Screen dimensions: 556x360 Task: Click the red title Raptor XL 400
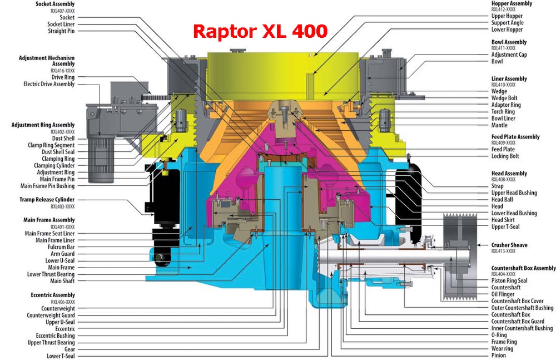pyautogui.click(x=260, y=31)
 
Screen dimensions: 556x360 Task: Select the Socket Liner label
pyautogui.click(x=61, y=24)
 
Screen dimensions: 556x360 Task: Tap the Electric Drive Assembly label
pyautogui.click(x=49, y=84)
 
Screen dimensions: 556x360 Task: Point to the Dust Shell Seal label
pyautogui.click(x=58, y=152)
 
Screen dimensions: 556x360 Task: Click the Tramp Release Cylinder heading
pyautogui.click(x=47, y=200)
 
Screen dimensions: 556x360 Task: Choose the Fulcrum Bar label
pyautogui.click(x=61, y=247)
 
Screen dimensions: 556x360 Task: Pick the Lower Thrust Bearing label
pyautogui.click(x=51, y=274)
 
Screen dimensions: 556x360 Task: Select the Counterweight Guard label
pyautogui.click(x=51, y=315)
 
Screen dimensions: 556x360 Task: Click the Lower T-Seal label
pyautogui.click(x=61, y=356)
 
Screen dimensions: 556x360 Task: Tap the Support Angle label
pyautogui.click(x=508, y=23)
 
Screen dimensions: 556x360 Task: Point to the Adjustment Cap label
pyautogui.click(x=509, y=55)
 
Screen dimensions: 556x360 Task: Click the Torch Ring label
pyautogui.click(x=503, y=111)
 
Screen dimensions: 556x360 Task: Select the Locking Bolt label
pyautogui.click(x=505, y=156)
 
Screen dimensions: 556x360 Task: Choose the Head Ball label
pyautogui.click(x=502, y=200)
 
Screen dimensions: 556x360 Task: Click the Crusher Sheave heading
pyautogui.click(x=509, y=245)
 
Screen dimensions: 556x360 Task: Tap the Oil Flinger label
pyautogui.click(x=503, y=294)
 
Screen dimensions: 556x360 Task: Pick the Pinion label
pyautogui.click(x=499, y=356)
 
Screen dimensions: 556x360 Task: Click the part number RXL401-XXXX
pyautogui.click(x=63, y=227)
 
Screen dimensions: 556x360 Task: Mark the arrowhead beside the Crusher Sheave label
pyautogui.click(x=479, y=245)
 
